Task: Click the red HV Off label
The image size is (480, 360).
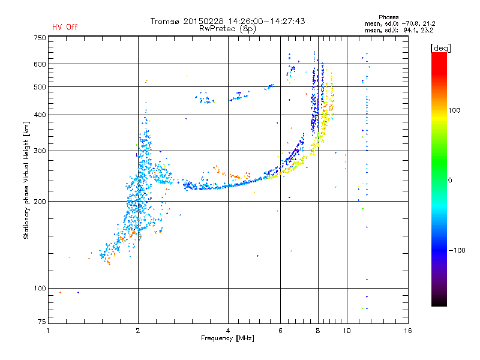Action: [65, 27]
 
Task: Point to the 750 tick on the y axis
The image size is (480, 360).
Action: [40, 38]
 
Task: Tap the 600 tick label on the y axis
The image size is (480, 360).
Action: [40, 64]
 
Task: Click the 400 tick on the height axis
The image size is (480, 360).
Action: [40, 115]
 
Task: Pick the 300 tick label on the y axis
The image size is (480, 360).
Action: [40, 151]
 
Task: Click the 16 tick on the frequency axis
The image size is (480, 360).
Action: [407, 331]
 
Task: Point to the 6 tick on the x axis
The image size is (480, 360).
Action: [280, 331]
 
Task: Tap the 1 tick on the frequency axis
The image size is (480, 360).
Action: [49, 331]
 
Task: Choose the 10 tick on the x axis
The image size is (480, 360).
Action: [346, 331]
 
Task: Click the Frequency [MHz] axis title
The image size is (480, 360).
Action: [227, 338]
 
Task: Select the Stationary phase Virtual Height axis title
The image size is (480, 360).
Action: [26, 180]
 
